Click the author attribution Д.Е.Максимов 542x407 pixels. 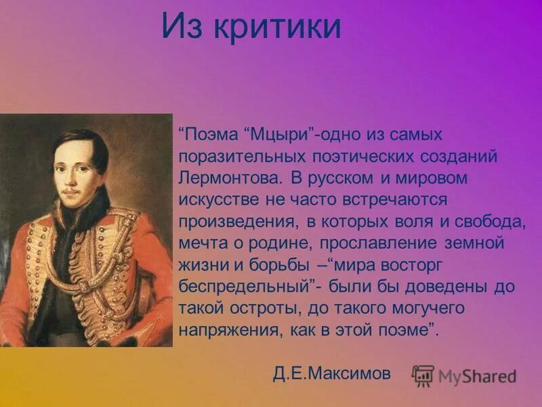click(x=333, y=374)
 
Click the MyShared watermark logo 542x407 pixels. click(x=465, y=375)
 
